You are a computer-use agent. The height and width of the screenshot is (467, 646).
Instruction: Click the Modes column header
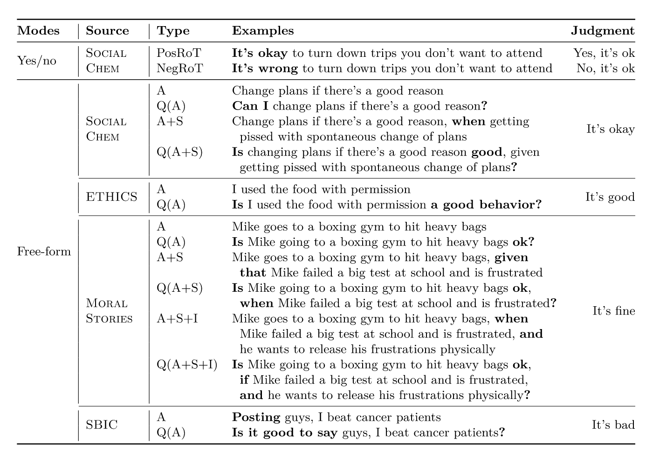[x=38, y=31]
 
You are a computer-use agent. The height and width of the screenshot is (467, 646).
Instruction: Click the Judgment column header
[x=602, y=31]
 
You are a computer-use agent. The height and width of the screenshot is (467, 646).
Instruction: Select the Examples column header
[x=263, y=31]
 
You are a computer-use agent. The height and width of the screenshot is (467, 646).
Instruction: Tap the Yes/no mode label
[x=36, y=61]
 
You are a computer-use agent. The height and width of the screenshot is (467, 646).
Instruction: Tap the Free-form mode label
[x=44, y=252]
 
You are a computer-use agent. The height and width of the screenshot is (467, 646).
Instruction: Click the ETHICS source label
[x=111, y=197]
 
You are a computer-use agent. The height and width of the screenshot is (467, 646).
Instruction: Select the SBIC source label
[x=102, y=425]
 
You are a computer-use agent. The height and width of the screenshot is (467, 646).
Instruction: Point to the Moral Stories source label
[x=109, y=311]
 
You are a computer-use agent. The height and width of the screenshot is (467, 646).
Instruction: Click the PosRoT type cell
[x=179, y=53]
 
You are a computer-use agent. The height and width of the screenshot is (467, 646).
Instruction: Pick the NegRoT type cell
[x=179, y=69]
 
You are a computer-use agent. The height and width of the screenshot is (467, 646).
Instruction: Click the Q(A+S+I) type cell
[x=187, y=364]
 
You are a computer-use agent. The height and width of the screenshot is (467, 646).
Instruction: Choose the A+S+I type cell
[x=177, y=319]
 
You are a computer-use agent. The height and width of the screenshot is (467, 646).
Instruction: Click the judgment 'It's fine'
[x=613, y=311]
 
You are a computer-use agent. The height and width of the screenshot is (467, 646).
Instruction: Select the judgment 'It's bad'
[x=613, y=425]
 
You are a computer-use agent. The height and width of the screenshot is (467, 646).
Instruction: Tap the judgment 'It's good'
[x=610, y=197]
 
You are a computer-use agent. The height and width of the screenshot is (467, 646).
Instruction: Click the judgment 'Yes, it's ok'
[x=604, y=53]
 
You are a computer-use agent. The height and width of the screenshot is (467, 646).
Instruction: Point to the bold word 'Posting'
[x=256, y=418]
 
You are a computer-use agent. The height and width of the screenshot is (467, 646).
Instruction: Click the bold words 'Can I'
[x=250, y=106]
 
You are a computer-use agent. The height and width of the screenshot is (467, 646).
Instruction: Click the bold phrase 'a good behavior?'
[x=486, y=205]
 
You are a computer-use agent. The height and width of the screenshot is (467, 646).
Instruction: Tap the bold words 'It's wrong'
[x=265, y=69]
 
